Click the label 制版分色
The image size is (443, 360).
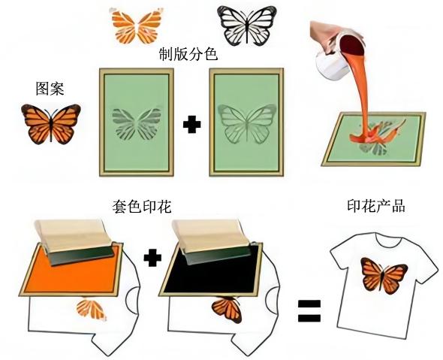[188, 54]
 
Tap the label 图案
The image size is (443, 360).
[50, 89]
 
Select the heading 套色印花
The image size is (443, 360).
[142, 207]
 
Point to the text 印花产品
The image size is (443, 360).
[376, 206]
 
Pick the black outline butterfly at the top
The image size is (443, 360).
[246, 26]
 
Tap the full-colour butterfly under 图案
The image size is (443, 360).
[51, 124]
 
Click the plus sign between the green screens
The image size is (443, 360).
[191, 125]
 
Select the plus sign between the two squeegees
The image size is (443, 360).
[152, 258]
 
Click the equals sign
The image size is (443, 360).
[309, 311]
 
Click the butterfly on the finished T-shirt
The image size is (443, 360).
[384, 276]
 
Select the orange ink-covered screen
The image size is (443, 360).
[71, 269]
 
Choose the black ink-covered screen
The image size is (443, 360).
[210, 269]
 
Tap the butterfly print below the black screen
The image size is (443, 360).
[227, 309]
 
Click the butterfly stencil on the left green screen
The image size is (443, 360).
[137, 124]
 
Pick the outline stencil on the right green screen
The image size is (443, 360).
[247, 124]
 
